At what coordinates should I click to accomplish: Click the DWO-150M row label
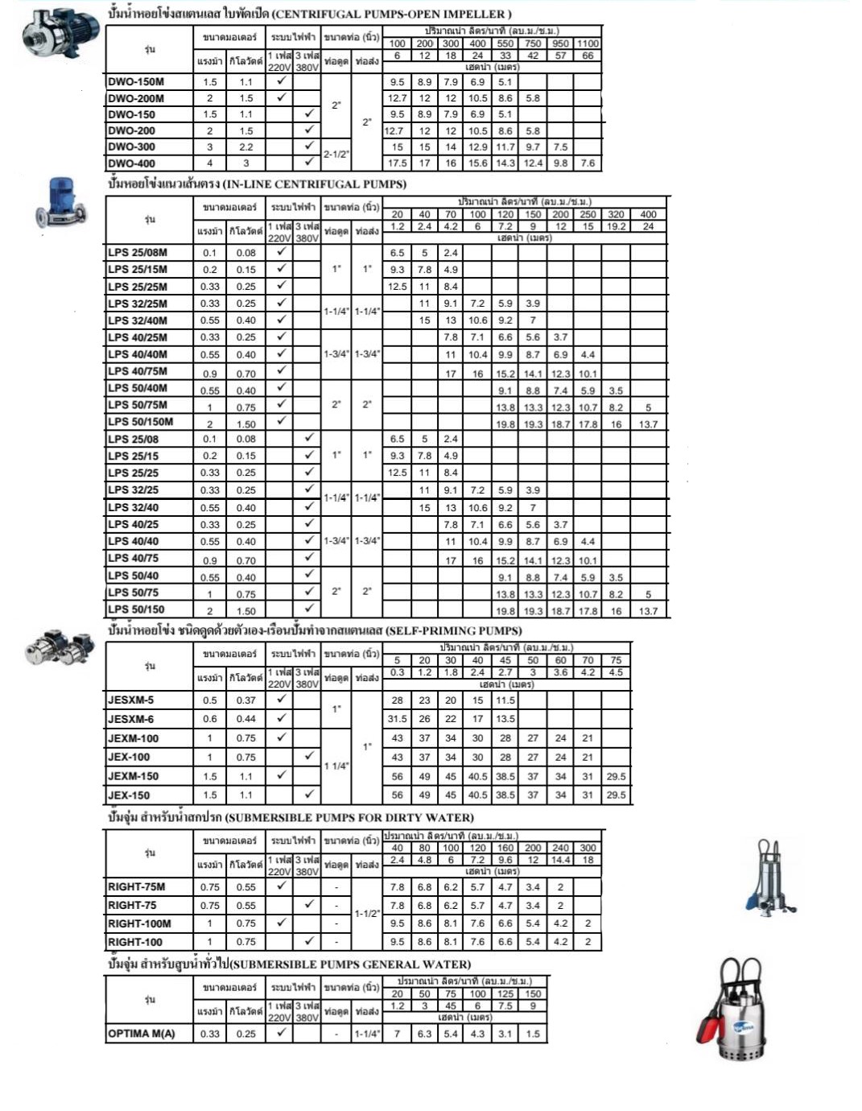click(x=136, y=81)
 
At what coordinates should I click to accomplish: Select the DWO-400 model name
click(x=132, y=163)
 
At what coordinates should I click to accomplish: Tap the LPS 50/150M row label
click(x=141, y=422)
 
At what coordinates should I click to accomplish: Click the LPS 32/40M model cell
click(x=138, y=320)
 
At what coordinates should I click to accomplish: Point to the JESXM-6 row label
click(x=131, y=719)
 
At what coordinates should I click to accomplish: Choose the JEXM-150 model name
click(x=134, y=776)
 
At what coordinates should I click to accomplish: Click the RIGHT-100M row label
click(x=139, y=923)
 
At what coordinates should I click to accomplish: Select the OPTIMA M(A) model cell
click(x=142, y=1034)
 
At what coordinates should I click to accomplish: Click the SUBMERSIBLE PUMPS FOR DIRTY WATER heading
click(x=349, y=817)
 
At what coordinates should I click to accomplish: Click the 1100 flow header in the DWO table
click(x=588, y=43)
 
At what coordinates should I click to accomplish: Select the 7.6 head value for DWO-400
click(x=588, y=163)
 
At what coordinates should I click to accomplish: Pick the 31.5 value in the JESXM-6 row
click(x=397, y=719)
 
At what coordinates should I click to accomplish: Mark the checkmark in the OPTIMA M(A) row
click(x=281, y=1032)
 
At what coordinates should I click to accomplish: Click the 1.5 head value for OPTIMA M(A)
click(x=533, y=1034)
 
